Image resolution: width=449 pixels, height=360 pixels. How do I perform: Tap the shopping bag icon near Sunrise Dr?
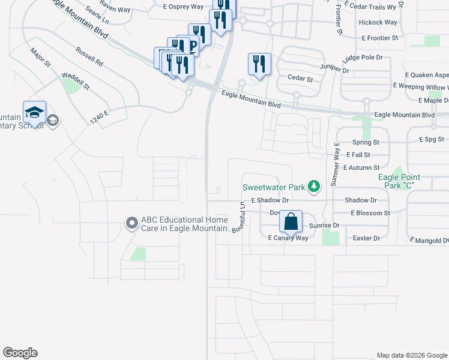tap(291, 221)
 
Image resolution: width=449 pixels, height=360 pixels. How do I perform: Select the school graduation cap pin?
tap(34, 112)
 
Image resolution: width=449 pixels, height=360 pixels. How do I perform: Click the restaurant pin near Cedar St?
tap(259, 64)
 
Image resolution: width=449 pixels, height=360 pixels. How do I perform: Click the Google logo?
tap(20, 353)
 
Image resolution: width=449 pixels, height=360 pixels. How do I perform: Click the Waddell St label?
tap(75, 82)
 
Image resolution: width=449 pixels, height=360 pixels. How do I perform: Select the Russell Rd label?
tap(89, 58)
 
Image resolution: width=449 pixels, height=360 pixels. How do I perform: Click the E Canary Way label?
tap(288, 238)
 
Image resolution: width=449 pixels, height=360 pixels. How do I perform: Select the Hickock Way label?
tap(378, 22)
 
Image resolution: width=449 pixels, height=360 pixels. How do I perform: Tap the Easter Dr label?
tap(367, 238)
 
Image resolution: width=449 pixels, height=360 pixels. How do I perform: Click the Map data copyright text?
tap(411, 355)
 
